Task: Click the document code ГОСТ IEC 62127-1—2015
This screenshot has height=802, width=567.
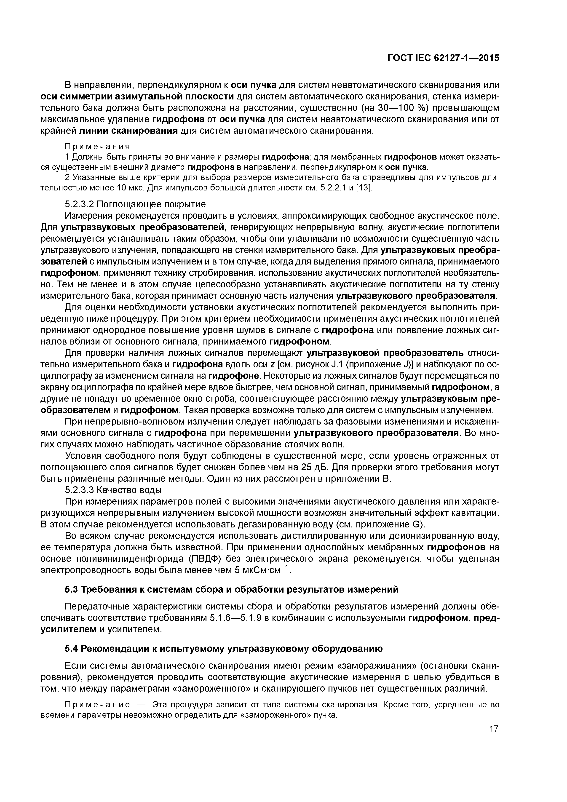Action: coord(443,58)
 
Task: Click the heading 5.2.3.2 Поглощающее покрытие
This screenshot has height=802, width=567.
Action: coord(136,204)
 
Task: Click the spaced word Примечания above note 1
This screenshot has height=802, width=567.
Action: coord(97,146)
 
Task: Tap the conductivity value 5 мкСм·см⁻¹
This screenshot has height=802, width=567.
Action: coord(262,570)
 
